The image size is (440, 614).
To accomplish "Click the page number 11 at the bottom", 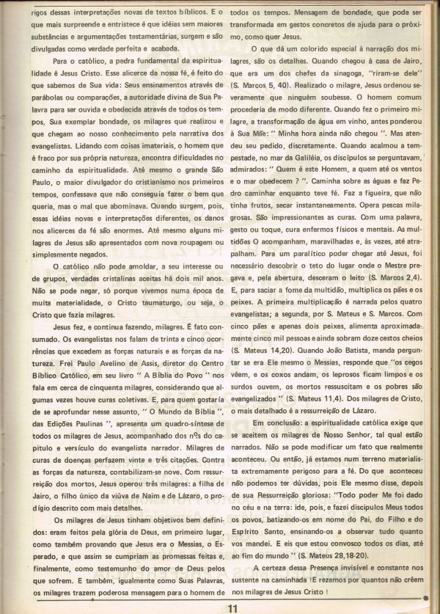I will coord(232,607).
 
